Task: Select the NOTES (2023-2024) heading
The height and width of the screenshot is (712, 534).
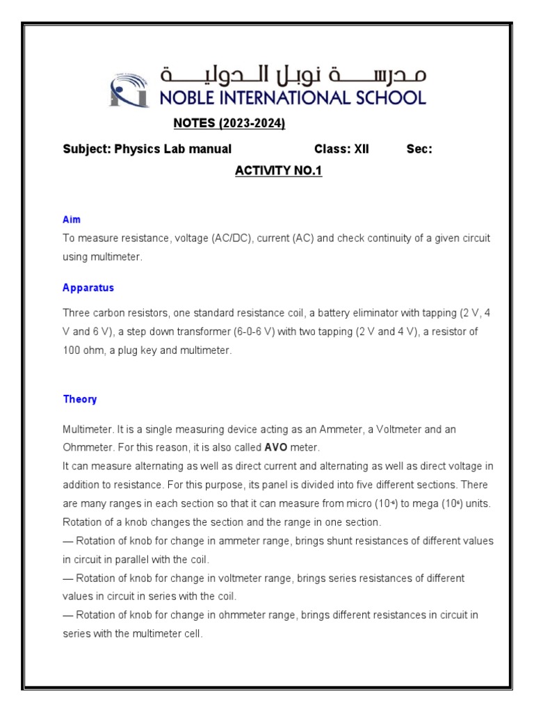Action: coord(229,124)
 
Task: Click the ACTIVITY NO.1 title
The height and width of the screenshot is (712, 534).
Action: coord(279,171)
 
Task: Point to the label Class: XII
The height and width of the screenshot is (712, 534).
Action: coord(341,149)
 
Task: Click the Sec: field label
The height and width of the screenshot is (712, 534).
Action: coord(419,149)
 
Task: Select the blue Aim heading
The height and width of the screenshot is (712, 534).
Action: coord(72,220)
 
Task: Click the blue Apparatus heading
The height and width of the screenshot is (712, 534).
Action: coord(88,288)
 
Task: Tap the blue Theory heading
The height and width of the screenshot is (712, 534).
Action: coord(80,399)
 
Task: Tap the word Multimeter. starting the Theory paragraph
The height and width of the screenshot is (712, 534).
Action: coord(86,430)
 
